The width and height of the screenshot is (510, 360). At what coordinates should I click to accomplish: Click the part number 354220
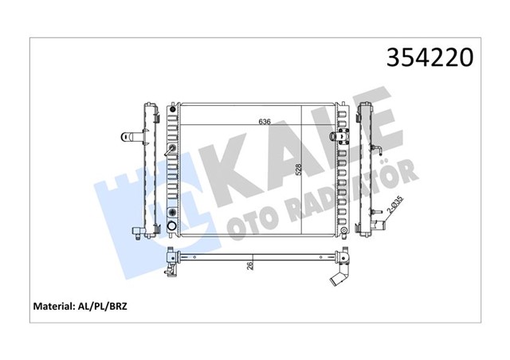coord(431,58)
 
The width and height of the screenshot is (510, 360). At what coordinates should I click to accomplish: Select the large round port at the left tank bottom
coord(171,227)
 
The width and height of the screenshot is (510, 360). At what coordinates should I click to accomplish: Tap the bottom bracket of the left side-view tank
coord(140,233)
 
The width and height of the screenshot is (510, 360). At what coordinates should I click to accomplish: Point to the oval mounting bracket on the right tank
coord(340,136)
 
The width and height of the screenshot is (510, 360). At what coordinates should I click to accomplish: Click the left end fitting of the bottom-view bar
coord(170,259)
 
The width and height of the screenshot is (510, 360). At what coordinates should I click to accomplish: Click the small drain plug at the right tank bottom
coord(342,232)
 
